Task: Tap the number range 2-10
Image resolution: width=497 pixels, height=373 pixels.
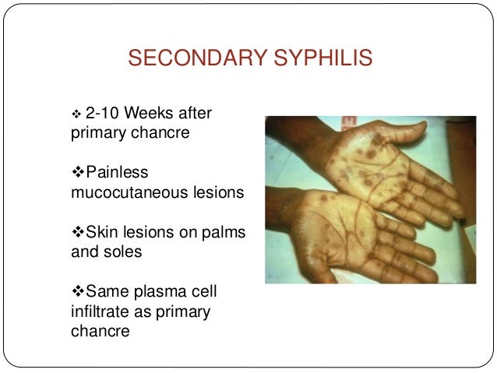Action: [101, 114]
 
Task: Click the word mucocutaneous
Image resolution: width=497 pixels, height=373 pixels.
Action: [125, 190]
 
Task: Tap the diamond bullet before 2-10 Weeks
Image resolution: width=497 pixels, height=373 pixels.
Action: [77, 114]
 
